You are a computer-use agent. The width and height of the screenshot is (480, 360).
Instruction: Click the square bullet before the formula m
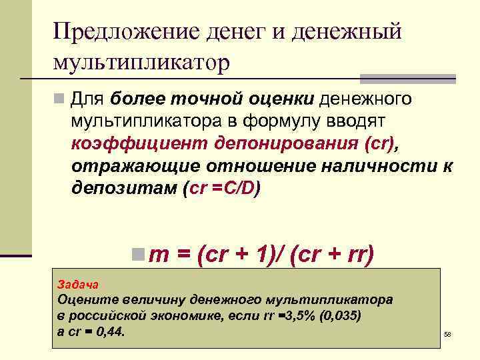coord(137,253)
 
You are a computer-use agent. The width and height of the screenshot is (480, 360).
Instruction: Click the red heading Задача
coord(78,283)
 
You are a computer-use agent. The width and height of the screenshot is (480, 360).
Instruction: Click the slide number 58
coord(447,333)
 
